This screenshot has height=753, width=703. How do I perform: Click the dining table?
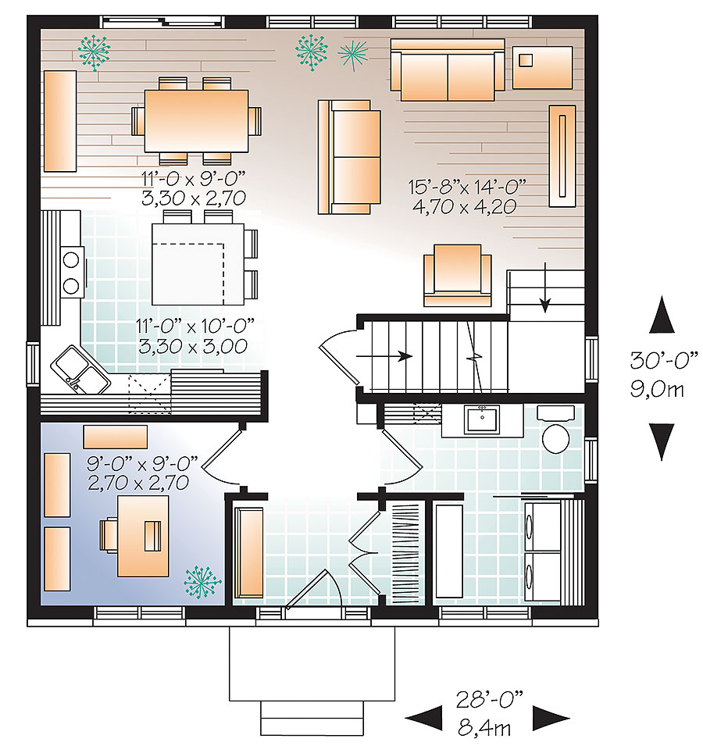pos(196,121)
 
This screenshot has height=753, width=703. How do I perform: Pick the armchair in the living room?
pos(458,273)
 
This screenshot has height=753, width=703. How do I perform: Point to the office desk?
pos(142,535)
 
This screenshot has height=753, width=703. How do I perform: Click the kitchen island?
pos(198,264)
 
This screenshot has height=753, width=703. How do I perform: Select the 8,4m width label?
pos(484,730)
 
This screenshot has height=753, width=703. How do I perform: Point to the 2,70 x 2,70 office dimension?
pos(138,483)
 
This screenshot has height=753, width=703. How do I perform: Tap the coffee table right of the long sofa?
pos(542,67)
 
